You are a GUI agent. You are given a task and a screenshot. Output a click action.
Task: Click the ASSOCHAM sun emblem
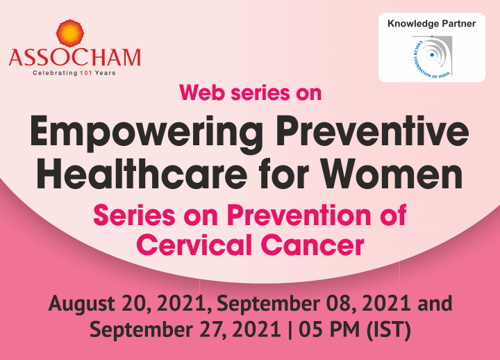coord(70,33)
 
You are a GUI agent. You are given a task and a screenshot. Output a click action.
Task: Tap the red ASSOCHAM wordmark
coord(74,58)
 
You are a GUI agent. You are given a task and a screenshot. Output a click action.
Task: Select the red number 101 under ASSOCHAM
coord(86,73)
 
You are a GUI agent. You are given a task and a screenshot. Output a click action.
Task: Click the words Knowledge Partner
coord(431,24)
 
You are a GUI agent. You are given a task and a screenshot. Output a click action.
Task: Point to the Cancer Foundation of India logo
coord(432,56)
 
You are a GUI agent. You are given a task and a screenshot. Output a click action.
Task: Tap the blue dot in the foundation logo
coord(432,55)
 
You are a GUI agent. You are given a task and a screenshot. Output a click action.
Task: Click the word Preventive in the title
coord(372,131)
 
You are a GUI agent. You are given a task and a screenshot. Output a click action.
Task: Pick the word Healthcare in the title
coord(142,174)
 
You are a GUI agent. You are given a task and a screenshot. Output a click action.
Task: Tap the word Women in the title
coord(391,174)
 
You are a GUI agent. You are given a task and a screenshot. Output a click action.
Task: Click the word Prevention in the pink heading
coord(299,215)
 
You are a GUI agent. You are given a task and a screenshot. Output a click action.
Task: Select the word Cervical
coord(194,245)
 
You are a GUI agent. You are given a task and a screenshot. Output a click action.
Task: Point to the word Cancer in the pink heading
coord(312,245)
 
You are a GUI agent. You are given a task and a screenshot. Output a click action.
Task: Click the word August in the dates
coord(82,304)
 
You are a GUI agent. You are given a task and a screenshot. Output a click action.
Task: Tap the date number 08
coord(339,303)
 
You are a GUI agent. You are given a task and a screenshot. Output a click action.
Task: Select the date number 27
coord(212,329)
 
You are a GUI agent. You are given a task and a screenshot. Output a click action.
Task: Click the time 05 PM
coord(329,329)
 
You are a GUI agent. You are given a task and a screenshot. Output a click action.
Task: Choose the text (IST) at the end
coord(388,329)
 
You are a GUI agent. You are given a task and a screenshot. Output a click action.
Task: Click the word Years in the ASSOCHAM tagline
coord(106,73)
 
